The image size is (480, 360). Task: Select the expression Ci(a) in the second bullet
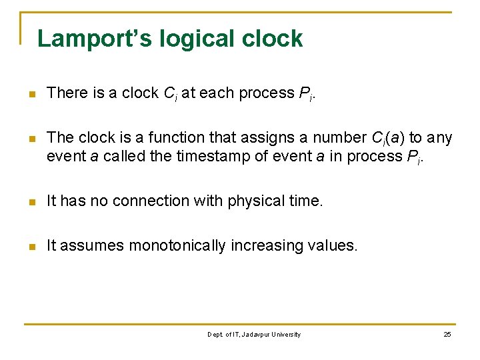tap(386, 138)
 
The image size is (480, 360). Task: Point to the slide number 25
tap(447, 334)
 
